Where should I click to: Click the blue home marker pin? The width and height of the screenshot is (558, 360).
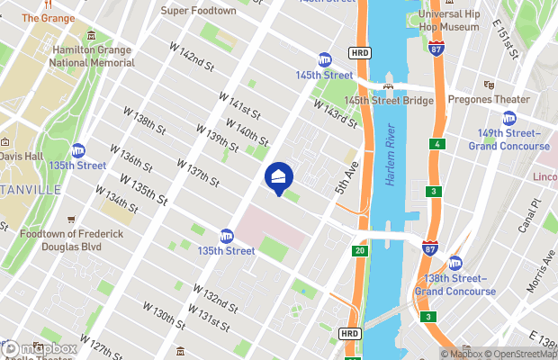278,176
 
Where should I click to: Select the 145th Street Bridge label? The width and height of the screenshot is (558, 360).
388,101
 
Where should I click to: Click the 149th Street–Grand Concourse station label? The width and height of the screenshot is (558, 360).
508,139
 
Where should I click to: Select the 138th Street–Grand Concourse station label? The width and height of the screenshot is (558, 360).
455,285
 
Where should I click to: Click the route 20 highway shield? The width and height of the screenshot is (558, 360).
360,250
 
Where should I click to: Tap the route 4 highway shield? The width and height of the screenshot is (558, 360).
437,144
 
